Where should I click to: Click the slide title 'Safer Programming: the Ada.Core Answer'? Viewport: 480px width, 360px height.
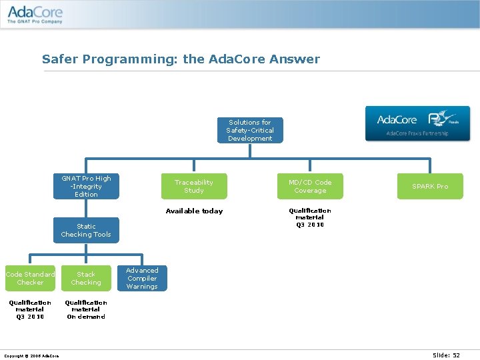181,59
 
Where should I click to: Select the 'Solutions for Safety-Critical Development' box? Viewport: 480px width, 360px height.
250,131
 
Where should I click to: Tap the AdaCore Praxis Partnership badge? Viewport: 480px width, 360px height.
417,123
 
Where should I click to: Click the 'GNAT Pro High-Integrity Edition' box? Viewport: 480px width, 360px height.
86,187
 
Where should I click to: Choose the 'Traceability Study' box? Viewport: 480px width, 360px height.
194,187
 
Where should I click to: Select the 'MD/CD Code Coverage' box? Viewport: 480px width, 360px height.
310,187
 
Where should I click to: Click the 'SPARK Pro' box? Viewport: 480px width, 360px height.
430,187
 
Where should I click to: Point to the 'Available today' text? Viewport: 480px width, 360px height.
194,211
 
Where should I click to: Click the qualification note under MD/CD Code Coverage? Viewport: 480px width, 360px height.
310,217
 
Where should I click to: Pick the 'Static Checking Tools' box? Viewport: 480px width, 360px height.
86,231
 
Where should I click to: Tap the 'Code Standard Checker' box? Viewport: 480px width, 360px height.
30,279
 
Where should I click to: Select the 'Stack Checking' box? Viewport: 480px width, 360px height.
86,279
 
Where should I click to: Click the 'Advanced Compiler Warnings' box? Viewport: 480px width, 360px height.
142,279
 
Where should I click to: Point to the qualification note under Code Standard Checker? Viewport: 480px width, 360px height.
30,309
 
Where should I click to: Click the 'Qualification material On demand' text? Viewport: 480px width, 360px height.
86,309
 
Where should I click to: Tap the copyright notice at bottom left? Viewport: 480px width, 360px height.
31,355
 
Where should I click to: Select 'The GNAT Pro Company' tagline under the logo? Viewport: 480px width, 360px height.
35,21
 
